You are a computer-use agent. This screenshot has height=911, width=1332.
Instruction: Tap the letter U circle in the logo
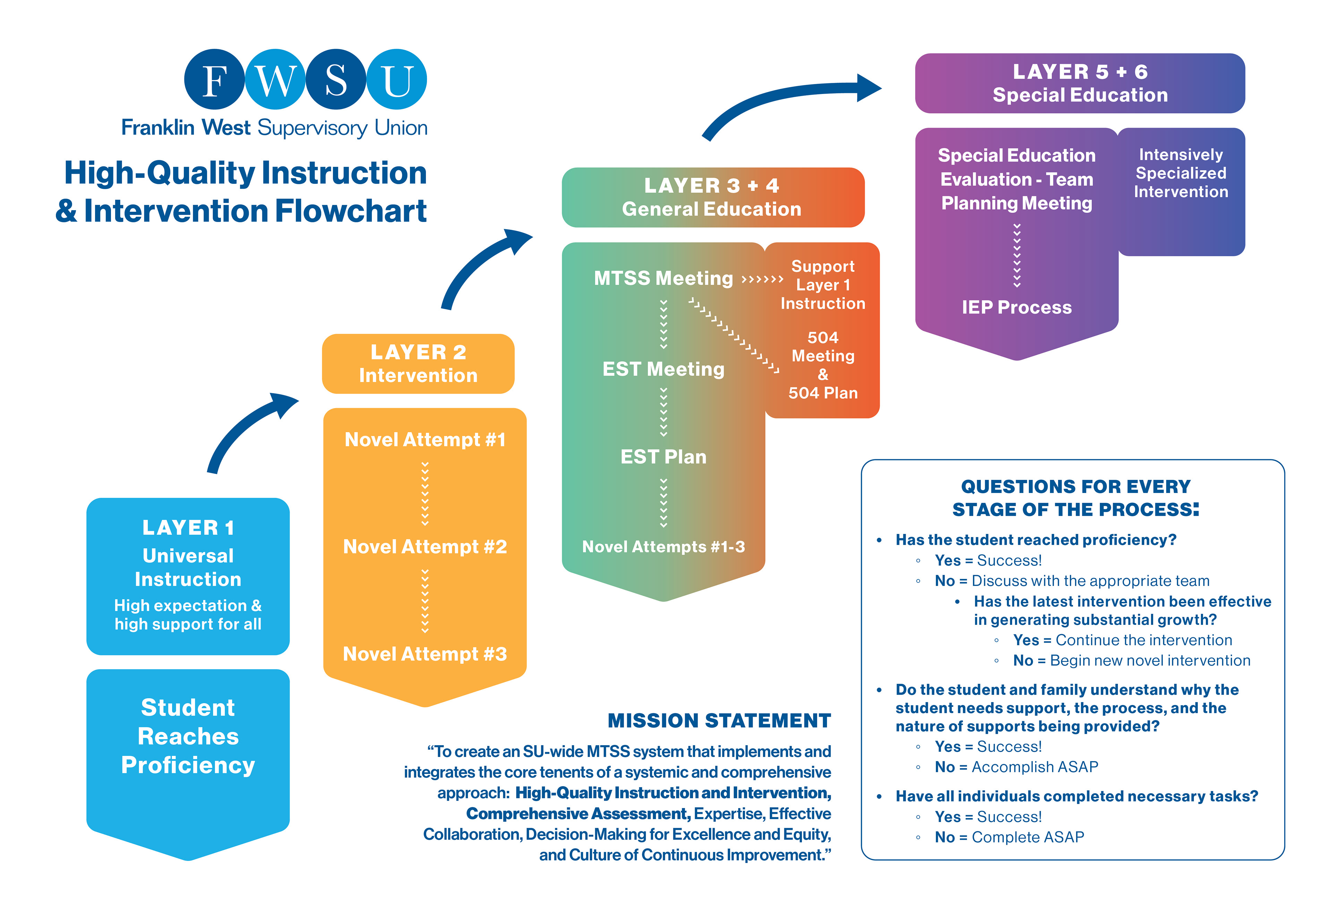click(x=396, y=80)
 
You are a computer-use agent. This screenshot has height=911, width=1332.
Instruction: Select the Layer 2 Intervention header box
click(x=418, y=364)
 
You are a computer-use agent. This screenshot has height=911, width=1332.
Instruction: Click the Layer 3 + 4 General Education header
click(x=712, y=197)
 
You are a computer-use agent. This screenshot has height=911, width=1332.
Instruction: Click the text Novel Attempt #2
click(x=425, y=547)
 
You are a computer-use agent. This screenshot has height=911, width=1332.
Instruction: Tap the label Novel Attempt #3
click(x=425, y=654)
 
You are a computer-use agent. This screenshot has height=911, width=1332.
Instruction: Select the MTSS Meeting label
click(x=663, y=279)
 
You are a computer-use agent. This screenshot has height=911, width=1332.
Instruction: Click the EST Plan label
click(x=663, y=457)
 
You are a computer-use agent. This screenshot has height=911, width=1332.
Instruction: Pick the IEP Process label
click(x=1016, y=307)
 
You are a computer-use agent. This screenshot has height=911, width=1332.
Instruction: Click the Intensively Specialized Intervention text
click(x=1181, y=173)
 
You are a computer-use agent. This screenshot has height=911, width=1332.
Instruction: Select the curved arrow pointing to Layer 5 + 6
click(x=791, y=100)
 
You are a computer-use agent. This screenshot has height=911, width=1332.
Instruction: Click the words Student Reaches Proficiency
click(x=188, y=736)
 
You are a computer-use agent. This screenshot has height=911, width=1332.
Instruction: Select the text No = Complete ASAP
click(x=1009, y=837)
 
